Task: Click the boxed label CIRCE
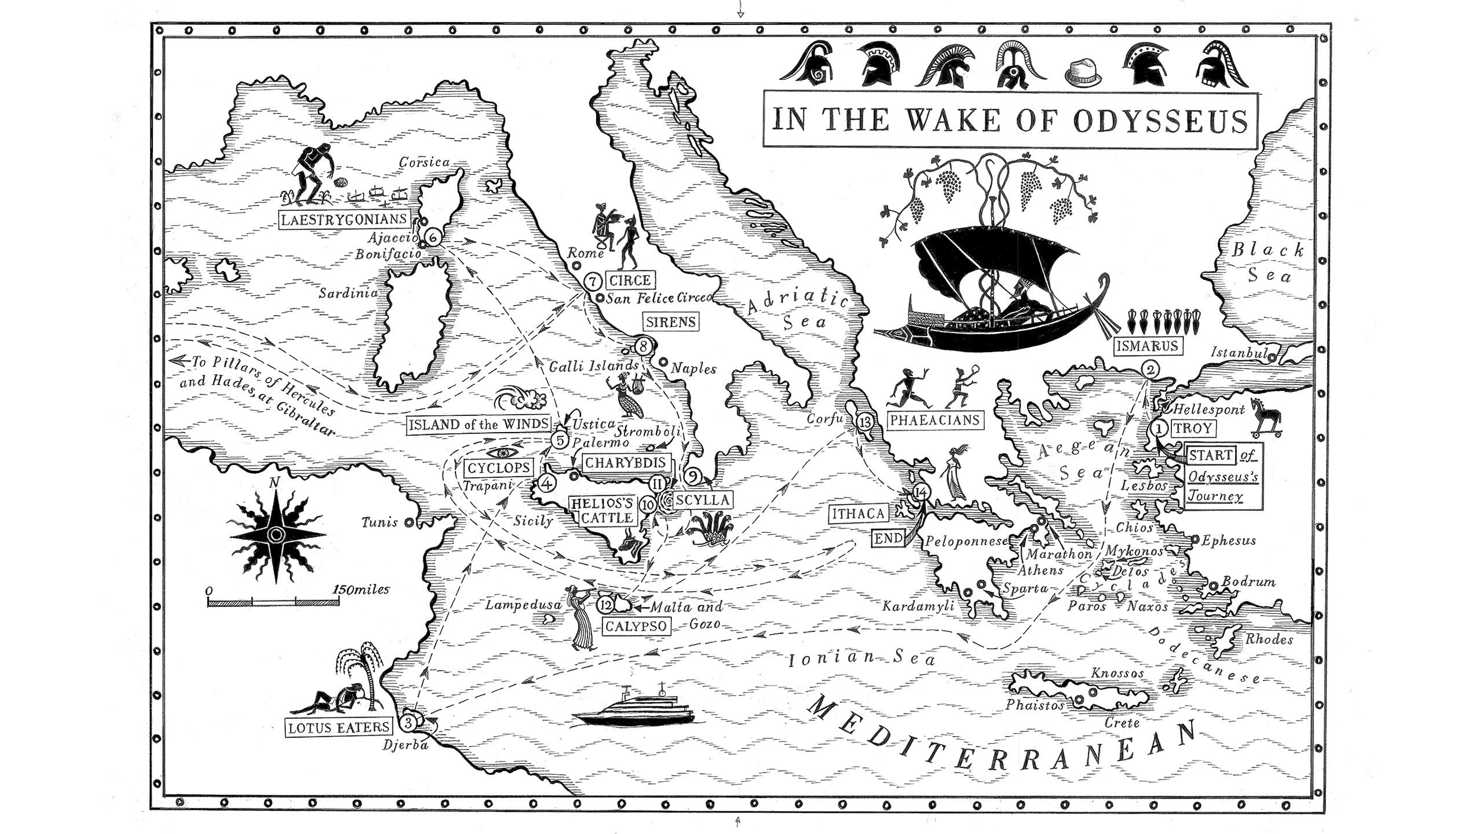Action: (x=630, y=280)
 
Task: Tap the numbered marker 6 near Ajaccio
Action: (x=432, y=236)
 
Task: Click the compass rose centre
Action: (x=277, y=533)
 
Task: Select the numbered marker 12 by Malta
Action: (x=605, y=605)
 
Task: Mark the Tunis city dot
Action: (x=409, y=522)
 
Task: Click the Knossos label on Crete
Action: (x=1117, y=673)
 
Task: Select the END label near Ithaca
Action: (x=889, y=539)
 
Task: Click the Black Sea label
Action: (x=1268, y=262)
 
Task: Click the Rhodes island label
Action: (x=1269, y=639)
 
